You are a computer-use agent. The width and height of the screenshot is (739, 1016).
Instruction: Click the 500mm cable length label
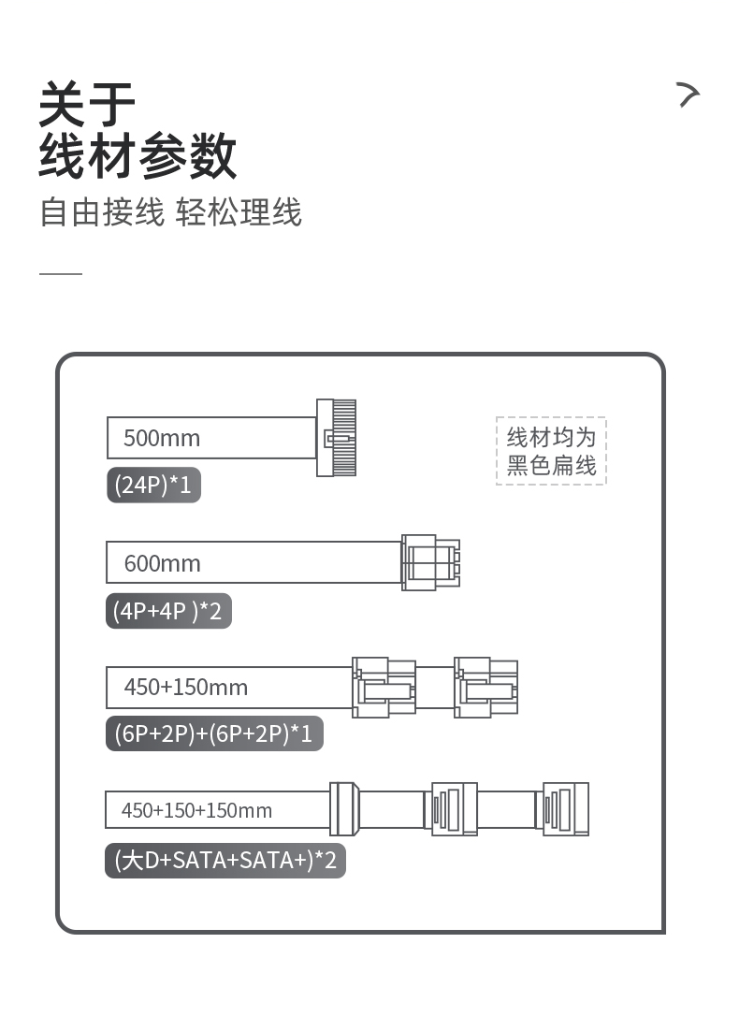tap(162, 438)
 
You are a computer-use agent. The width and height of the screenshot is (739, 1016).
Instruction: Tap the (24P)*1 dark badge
tap(153, 486)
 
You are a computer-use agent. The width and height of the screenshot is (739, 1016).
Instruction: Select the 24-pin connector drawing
tap(337, 437)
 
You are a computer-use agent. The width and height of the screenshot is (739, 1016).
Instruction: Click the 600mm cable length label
tap(163, 563)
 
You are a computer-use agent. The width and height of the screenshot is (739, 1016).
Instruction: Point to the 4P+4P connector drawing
tap(431, 562)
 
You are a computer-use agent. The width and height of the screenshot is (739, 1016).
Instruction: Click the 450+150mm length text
tap(186, 688)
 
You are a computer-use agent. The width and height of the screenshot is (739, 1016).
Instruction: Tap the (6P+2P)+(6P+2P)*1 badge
tap(214, 733)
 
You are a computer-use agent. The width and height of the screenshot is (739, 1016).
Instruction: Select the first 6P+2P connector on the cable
tap(384, 688)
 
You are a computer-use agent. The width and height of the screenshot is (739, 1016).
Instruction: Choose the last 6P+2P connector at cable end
tap(485, 688)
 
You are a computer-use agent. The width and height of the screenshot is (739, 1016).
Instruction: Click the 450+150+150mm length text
tap(196, 810)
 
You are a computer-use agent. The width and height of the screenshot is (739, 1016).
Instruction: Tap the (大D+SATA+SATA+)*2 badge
tap(225, 860)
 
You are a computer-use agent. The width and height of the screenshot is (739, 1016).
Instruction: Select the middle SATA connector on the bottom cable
tap(451, 808)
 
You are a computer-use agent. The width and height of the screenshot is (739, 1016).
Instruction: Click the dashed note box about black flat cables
tap(551, 451)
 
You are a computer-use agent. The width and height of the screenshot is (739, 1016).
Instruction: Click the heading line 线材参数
tap(138, 155)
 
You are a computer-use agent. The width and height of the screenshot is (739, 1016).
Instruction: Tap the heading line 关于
tap(88, 103)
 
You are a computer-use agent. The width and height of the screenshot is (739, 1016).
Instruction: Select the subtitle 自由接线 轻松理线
tap(171, 212)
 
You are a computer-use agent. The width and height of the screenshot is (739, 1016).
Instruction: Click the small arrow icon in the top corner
tap(688, 94)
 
